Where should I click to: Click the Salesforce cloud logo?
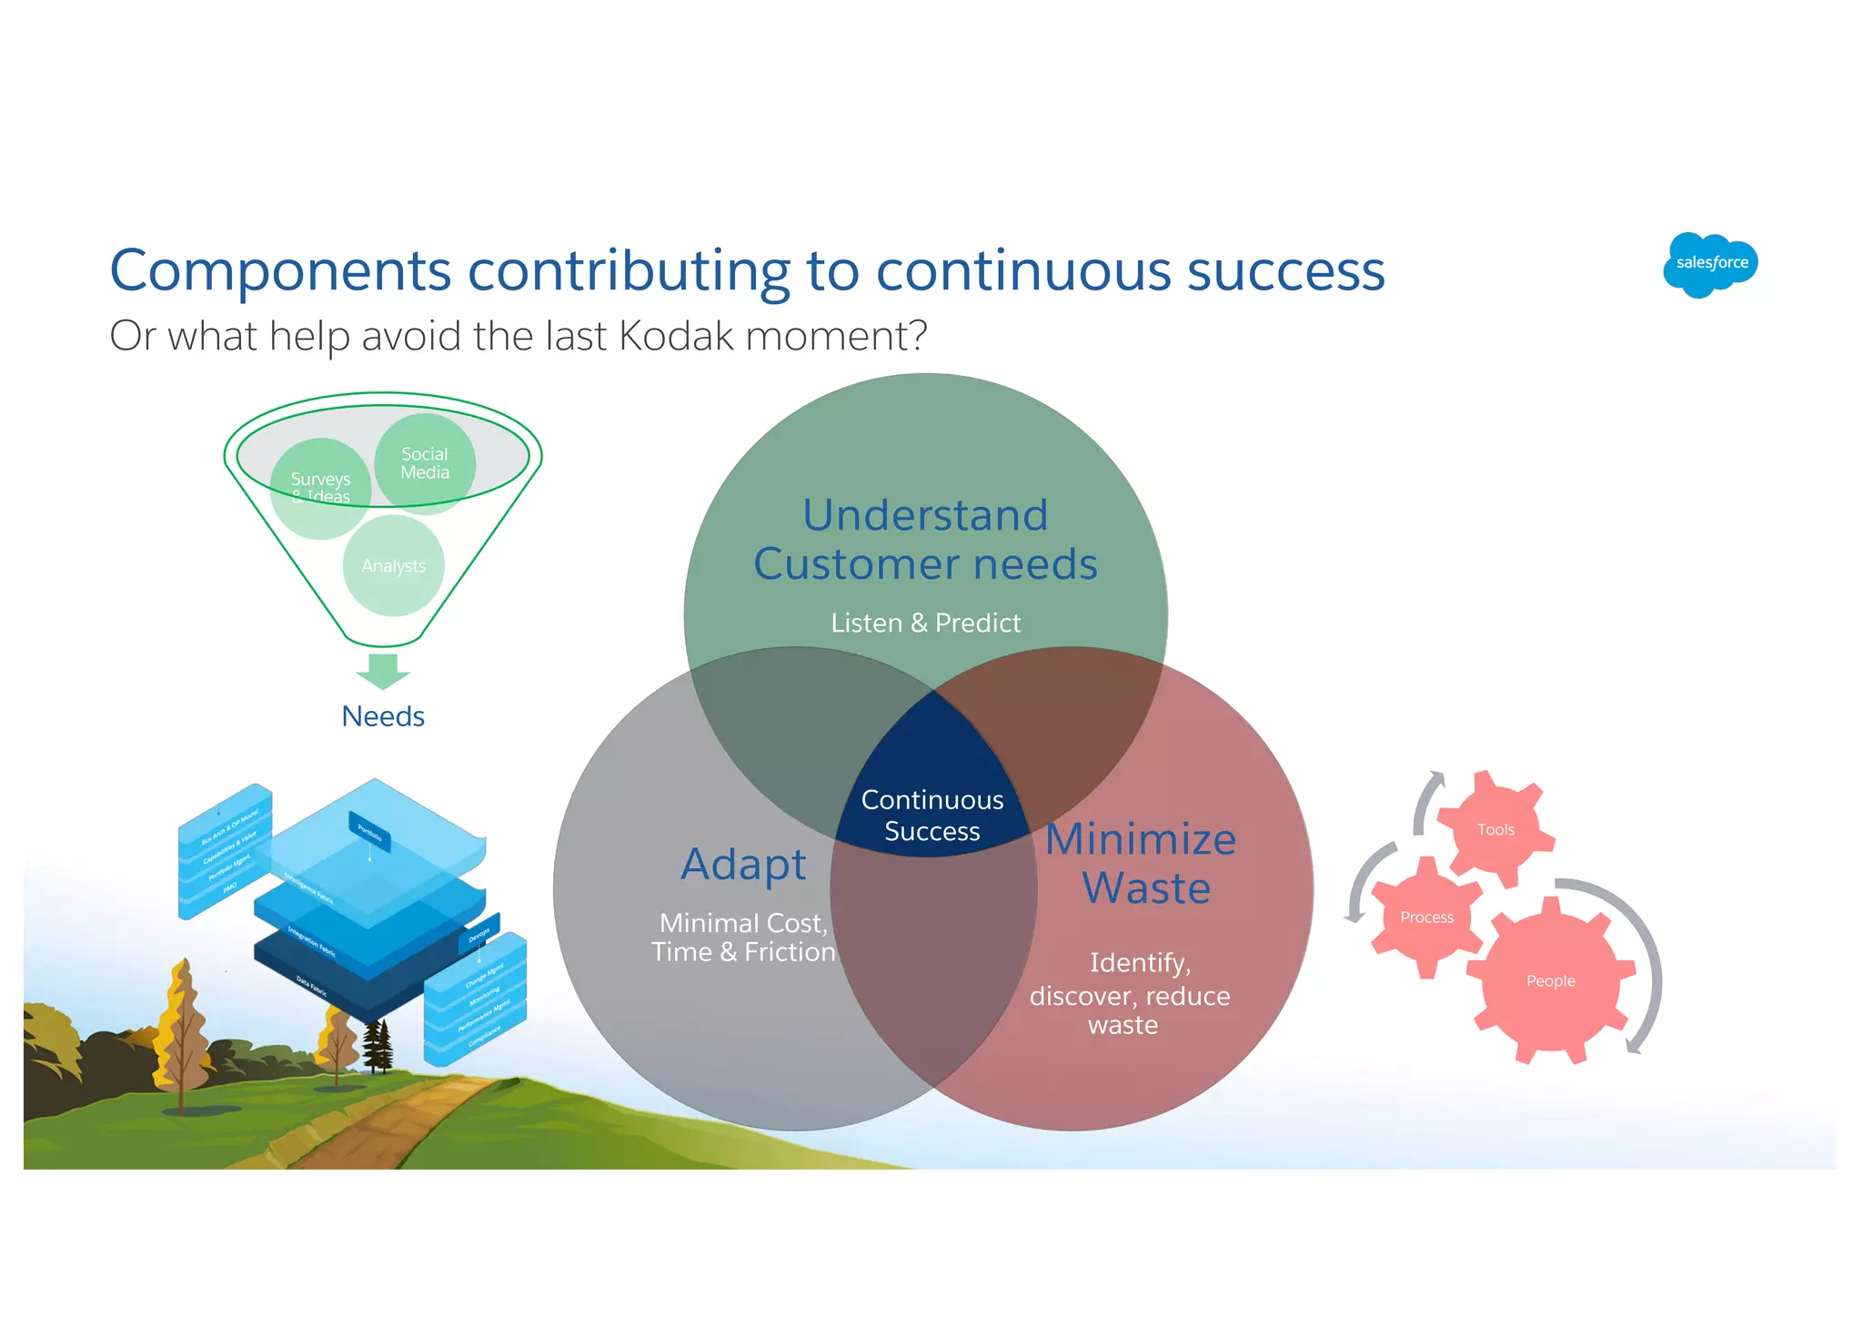pyautogui.click(x=1710, y=264)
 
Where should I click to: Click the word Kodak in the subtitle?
pyautogui.click(x=675, y=336)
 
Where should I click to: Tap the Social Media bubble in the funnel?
pyautogui.click(x=425, y=463)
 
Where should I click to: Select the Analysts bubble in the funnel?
pyautogui.click(x=393, y=566)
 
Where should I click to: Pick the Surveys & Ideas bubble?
pyautogui.click(x=320, y=487)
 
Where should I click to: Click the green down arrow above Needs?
pyautogui.click(x=383, y=671)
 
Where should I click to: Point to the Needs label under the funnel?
pyautogui.click(x=383, y=716)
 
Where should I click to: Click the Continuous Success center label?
pyautogui.click(x=932, y=815)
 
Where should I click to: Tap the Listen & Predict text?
pyautogui.click(x=925, y=623)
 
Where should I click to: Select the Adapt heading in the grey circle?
pyautogui.click(x=743, y=864)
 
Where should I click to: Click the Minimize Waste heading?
pyautogui.click(x=1143, y=863)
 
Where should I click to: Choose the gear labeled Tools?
pyautogui.click(x=1495, y=829)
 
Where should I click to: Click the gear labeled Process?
pyautogui.click(x=1425, y=918)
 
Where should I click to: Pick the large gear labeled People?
pyautogui.click(x=1550, y=981)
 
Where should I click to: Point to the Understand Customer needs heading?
pyautogui.click(x=925, y=539)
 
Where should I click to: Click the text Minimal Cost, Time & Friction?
pyautogui.click(x=743, y=938)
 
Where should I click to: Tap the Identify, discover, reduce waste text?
pyautogui.click(x=1129, y=994)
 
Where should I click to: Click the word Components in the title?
pyautogui.click(x=280, y=271)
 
